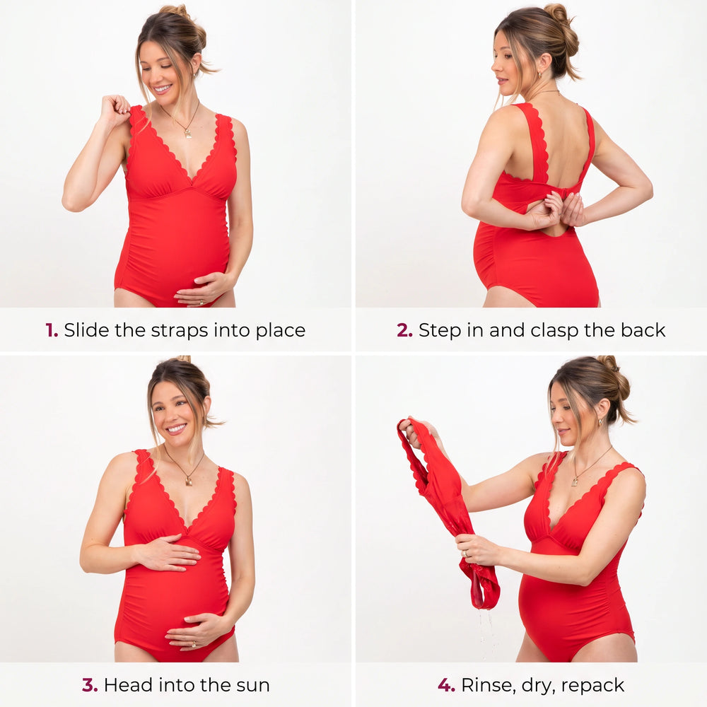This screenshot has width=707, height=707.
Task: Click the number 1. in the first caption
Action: [x=52, y=330]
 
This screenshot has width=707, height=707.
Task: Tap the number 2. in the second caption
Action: [x=404, y=330]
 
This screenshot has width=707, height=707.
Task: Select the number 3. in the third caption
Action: [x=90, y=685]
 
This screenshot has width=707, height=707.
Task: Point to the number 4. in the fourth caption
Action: [x=446, y=685]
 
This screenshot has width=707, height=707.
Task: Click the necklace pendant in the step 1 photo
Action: [x=188, y=133]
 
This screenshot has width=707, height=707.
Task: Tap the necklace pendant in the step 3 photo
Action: [x=189, y=481]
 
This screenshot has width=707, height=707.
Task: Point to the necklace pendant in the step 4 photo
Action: [x=575, y=481]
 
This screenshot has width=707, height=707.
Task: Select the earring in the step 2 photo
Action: [x=539, y=74]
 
